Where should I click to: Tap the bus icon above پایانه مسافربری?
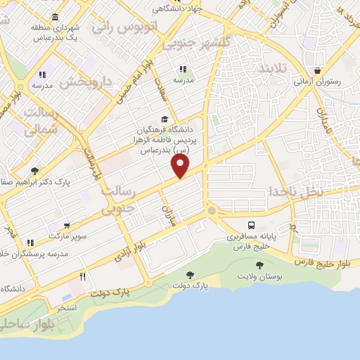pos(252,226)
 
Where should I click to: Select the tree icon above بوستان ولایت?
pos(259,265)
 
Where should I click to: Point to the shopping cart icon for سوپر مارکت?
pos(67,226)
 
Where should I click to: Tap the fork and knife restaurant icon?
pos(82,276)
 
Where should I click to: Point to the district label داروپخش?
pos(85,82)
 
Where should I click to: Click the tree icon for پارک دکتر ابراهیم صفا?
pos(34,171)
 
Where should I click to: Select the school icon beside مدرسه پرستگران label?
pos(30,243)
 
